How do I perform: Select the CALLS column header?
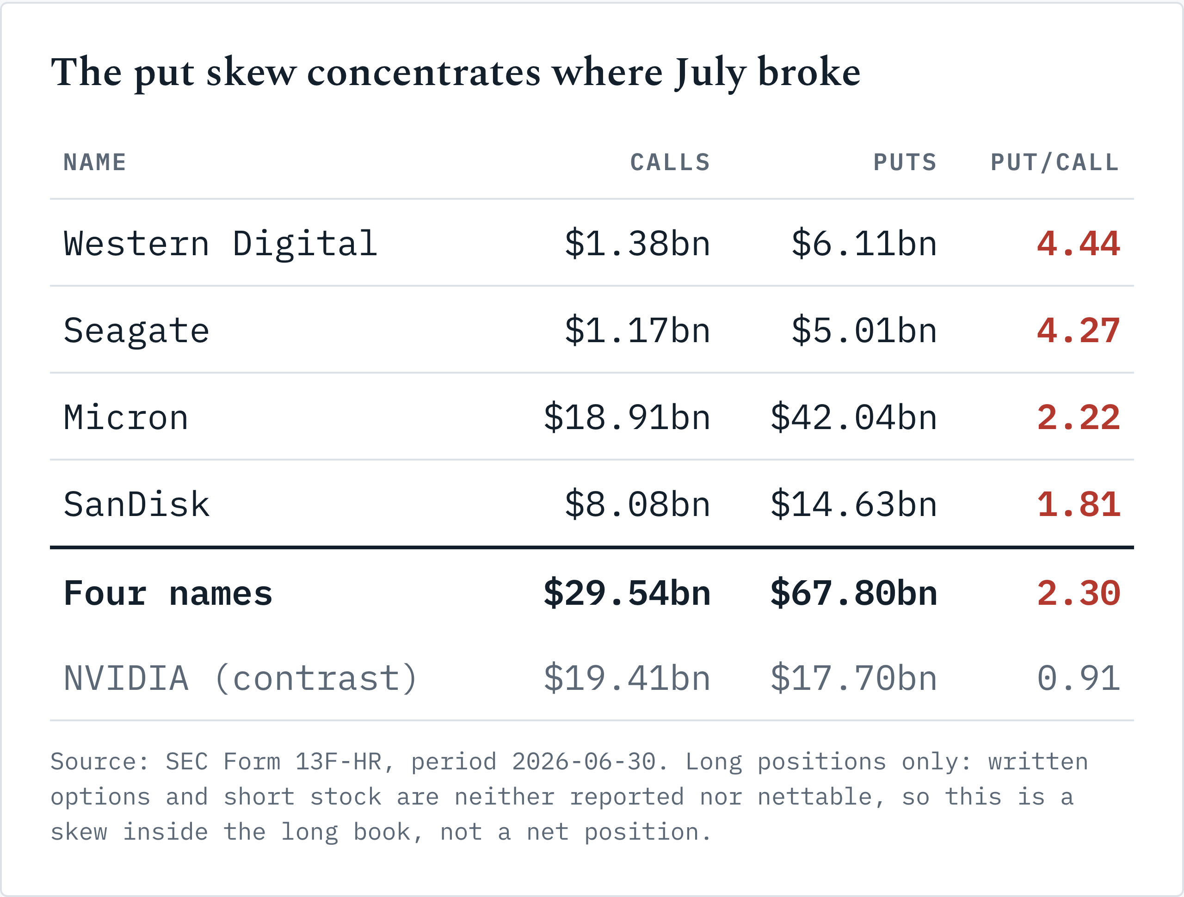coord(670,163)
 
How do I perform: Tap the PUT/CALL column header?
coord(1054,163)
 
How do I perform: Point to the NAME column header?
coord(95,163)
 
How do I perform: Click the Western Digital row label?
coord(221,244)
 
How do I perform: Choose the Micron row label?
coord(126,418)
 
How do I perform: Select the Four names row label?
coord(168,594)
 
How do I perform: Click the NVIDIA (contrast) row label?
coord(240,679)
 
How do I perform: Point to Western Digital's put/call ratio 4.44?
coord(1079,244)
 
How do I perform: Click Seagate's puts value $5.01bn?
coord(864,331)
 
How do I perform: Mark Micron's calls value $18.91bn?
coord(627,418)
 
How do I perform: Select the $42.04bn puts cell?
coord(854,418)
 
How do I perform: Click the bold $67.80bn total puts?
coord(854,594)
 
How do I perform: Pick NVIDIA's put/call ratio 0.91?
coord(1079,679)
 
